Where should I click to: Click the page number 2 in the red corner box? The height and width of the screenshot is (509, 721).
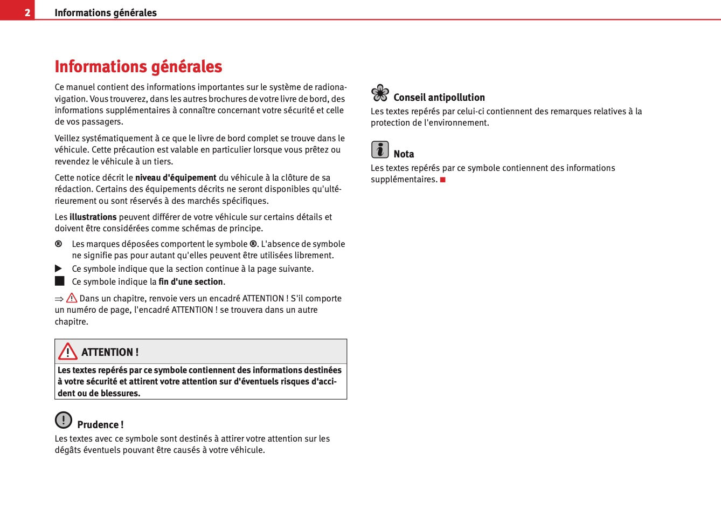pyautogui.click(x=27, y=12)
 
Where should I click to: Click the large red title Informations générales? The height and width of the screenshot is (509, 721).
pyautogui.click(x=138, y=66)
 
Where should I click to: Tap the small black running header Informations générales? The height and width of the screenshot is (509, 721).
pyautogui.click(x=106, y=12)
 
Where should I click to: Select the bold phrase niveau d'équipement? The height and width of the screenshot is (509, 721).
pyautogui.click(x=176, y=177)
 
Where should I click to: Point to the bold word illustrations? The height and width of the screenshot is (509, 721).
pyautogui.click(x=93, y=217)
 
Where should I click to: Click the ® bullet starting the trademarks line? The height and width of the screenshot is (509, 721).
pyautogui.click(x=58, y=244)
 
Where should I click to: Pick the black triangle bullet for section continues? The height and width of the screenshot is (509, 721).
pyautogui.click(x=59, y=269)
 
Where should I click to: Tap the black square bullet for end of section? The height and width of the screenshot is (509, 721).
pyautogui.click(x=59, y=281)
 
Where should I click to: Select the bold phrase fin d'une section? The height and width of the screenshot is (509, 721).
pyautogui.click(x=191, y=281)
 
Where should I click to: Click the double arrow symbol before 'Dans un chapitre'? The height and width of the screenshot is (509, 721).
pyautogui.click(x=59, y=299)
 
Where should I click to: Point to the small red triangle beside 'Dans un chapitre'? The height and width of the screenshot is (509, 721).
pyautogui.click(x=72, y=298)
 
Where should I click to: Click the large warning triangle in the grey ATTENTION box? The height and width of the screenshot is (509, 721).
pyautogui.click(x=68, y=352)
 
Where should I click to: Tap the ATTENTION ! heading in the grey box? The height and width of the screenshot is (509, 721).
pyautogui.click(x=110, y=352)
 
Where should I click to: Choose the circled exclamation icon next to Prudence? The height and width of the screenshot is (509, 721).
pyautogui.click(x=64, y=419)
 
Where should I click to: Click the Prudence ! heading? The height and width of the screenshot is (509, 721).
pyautogui.click(x=100, y=424)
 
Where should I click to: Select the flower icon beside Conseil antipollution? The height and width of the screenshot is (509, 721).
pyautogui.click(x=380, y=93)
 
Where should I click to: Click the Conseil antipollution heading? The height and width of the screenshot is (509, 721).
pyautogui.click(x=439, y=97)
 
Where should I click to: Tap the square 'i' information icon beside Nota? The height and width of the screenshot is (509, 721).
pyautogui.click(x=380, y=149)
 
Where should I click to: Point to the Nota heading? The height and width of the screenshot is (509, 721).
pyautogui.click(x=404, y=154)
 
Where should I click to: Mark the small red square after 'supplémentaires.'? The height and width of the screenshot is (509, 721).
pyautogui.click(x=443, y=180)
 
